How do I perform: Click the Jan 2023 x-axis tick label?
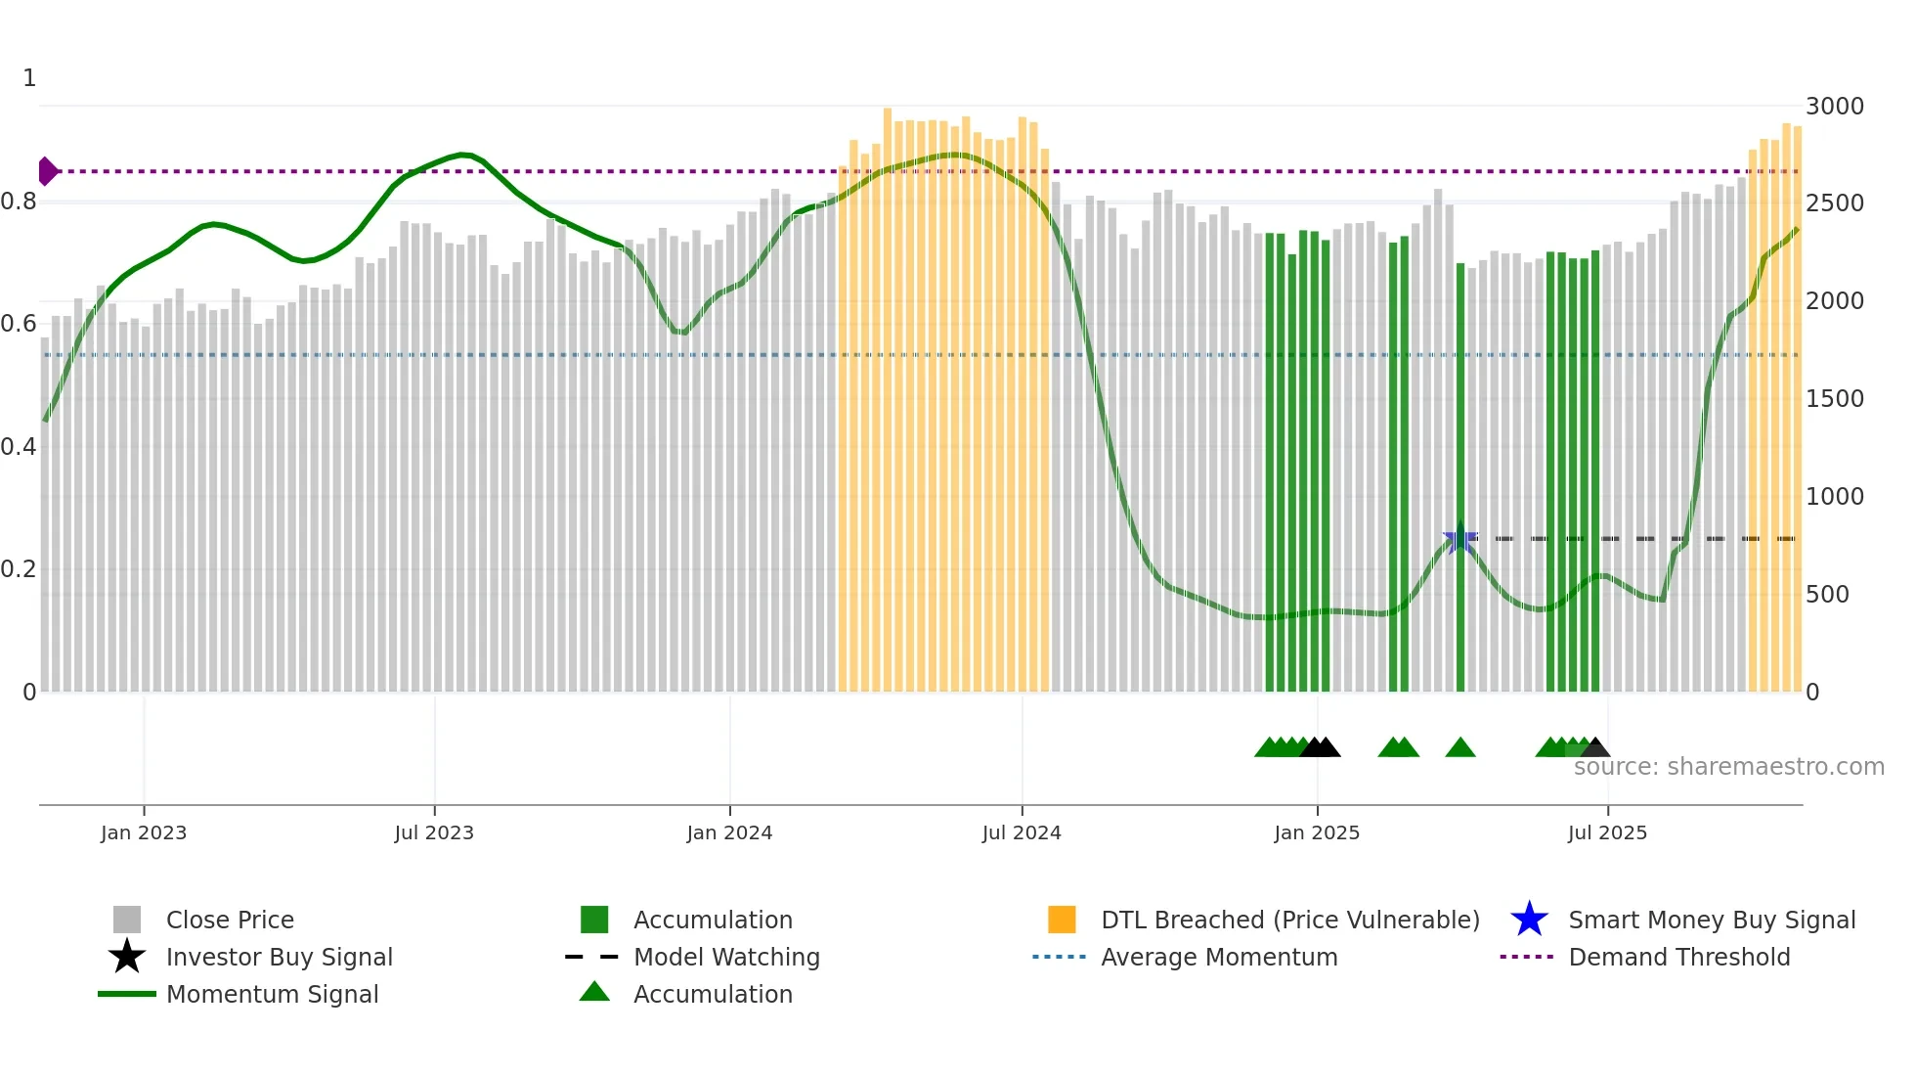(x=143, y=832)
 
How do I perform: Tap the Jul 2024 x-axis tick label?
(x=1022, y=832)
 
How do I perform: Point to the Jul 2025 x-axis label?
(x=1607, y=832)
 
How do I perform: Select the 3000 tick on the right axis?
(x=1834, y=106)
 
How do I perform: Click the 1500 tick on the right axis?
(x=1834, y=399)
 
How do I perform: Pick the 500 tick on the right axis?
(x=1827, y=595)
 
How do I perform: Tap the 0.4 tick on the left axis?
(x=19, y=447)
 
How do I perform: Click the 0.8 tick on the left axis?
(x=19, y=202)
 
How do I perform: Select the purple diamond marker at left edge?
(x=47, y=171)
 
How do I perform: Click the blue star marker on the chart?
(x=1459, y=539)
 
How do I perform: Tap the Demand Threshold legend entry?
(x=1678, y=957)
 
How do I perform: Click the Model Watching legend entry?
(x=725, y=957)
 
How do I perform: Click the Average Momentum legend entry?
(x=1218, y=957)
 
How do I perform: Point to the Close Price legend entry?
(x=230, y=920)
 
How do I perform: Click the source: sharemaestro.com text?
(x=1728, y=767)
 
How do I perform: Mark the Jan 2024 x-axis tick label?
(x=729, y=832)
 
